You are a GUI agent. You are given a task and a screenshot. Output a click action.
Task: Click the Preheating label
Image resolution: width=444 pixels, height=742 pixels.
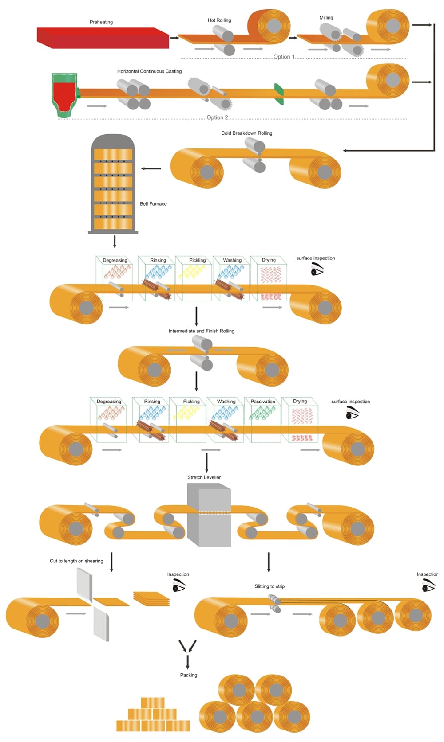pos(101,22)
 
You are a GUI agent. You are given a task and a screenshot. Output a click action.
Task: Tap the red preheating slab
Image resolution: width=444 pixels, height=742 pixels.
pos(102,38)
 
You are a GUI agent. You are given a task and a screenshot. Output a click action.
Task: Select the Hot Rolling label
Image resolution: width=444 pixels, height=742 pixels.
pos(219,20)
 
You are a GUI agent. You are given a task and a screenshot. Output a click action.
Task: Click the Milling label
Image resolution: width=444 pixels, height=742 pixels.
pos(326,18)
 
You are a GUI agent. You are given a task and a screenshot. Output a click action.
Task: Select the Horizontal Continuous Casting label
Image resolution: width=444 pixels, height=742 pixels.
pos(149,71)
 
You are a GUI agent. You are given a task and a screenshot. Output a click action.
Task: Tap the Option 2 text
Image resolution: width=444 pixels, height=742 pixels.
pos(217,117)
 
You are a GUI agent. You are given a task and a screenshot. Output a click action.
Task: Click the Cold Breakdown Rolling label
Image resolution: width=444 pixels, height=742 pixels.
pos(246,133)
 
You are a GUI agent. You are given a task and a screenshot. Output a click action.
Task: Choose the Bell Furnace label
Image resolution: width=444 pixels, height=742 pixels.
pos(153,204)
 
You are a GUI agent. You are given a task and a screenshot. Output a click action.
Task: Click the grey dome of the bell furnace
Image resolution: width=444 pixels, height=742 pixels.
pos(113,141)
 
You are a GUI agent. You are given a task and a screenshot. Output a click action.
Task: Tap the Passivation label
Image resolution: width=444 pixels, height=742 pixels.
pos(262,402)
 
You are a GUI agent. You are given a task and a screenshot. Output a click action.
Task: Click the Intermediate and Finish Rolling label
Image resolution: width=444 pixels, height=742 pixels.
pos(201,331)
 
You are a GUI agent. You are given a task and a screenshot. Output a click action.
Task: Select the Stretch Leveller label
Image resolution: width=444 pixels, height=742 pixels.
pos(204,477)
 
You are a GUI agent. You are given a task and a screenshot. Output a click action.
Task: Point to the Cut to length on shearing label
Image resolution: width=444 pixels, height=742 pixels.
pos(76,561)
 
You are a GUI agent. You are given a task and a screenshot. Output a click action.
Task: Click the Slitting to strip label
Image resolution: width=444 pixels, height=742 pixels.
pos(270,586)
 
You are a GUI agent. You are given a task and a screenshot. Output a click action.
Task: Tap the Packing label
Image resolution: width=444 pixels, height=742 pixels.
pos(189,675)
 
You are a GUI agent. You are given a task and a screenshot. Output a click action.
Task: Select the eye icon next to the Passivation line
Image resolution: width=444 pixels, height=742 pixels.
pos(352,414)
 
